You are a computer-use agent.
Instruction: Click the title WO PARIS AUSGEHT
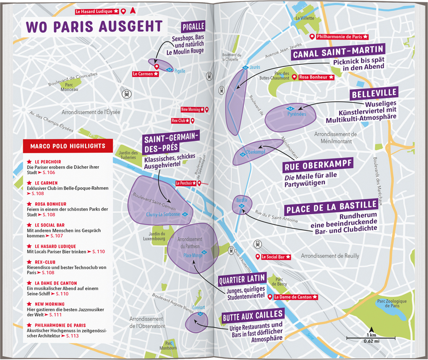click(94, 26)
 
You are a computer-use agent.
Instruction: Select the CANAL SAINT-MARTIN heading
click(338, 55)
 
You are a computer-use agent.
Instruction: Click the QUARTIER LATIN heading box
click(242, 278)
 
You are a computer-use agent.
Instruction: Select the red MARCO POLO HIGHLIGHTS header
click(68, 146)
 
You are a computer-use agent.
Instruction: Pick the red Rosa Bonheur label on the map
click(316, 77)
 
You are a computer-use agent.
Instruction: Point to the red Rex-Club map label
click(179, 121)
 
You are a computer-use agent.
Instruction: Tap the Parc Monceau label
click(69, 87)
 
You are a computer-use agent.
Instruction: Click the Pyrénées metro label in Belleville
click(297, 114)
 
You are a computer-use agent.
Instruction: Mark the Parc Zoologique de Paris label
click(391, 303)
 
